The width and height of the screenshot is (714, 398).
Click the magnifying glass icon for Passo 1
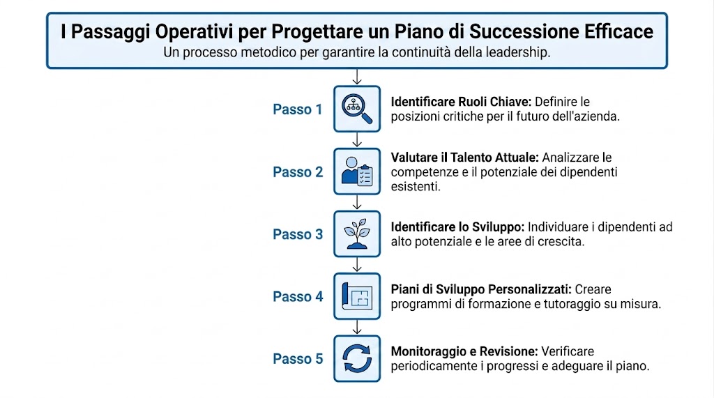357,109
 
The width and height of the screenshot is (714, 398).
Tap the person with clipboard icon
357,171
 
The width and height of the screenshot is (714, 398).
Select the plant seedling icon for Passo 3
357,234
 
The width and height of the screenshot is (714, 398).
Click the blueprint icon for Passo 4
357,296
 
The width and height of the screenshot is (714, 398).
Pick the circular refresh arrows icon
357,359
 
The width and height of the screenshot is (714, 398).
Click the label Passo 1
298,109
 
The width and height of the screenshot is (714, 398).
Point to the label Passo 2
298,172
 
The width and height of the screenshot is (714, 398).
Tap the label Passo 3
298,235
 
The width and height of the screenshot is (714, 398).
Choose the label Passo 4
298,297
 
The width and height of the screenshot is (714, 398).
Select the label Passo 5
298,360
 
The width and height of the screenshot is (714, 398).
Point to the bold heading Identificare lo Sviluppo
457,227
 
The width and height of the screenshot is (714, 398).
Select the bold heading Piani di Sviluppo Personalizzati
480,289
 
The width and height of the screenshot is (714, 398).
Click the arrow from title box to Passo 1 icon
357,77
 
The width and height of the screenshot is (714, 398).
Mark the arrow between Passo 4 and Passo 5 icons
357,326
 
